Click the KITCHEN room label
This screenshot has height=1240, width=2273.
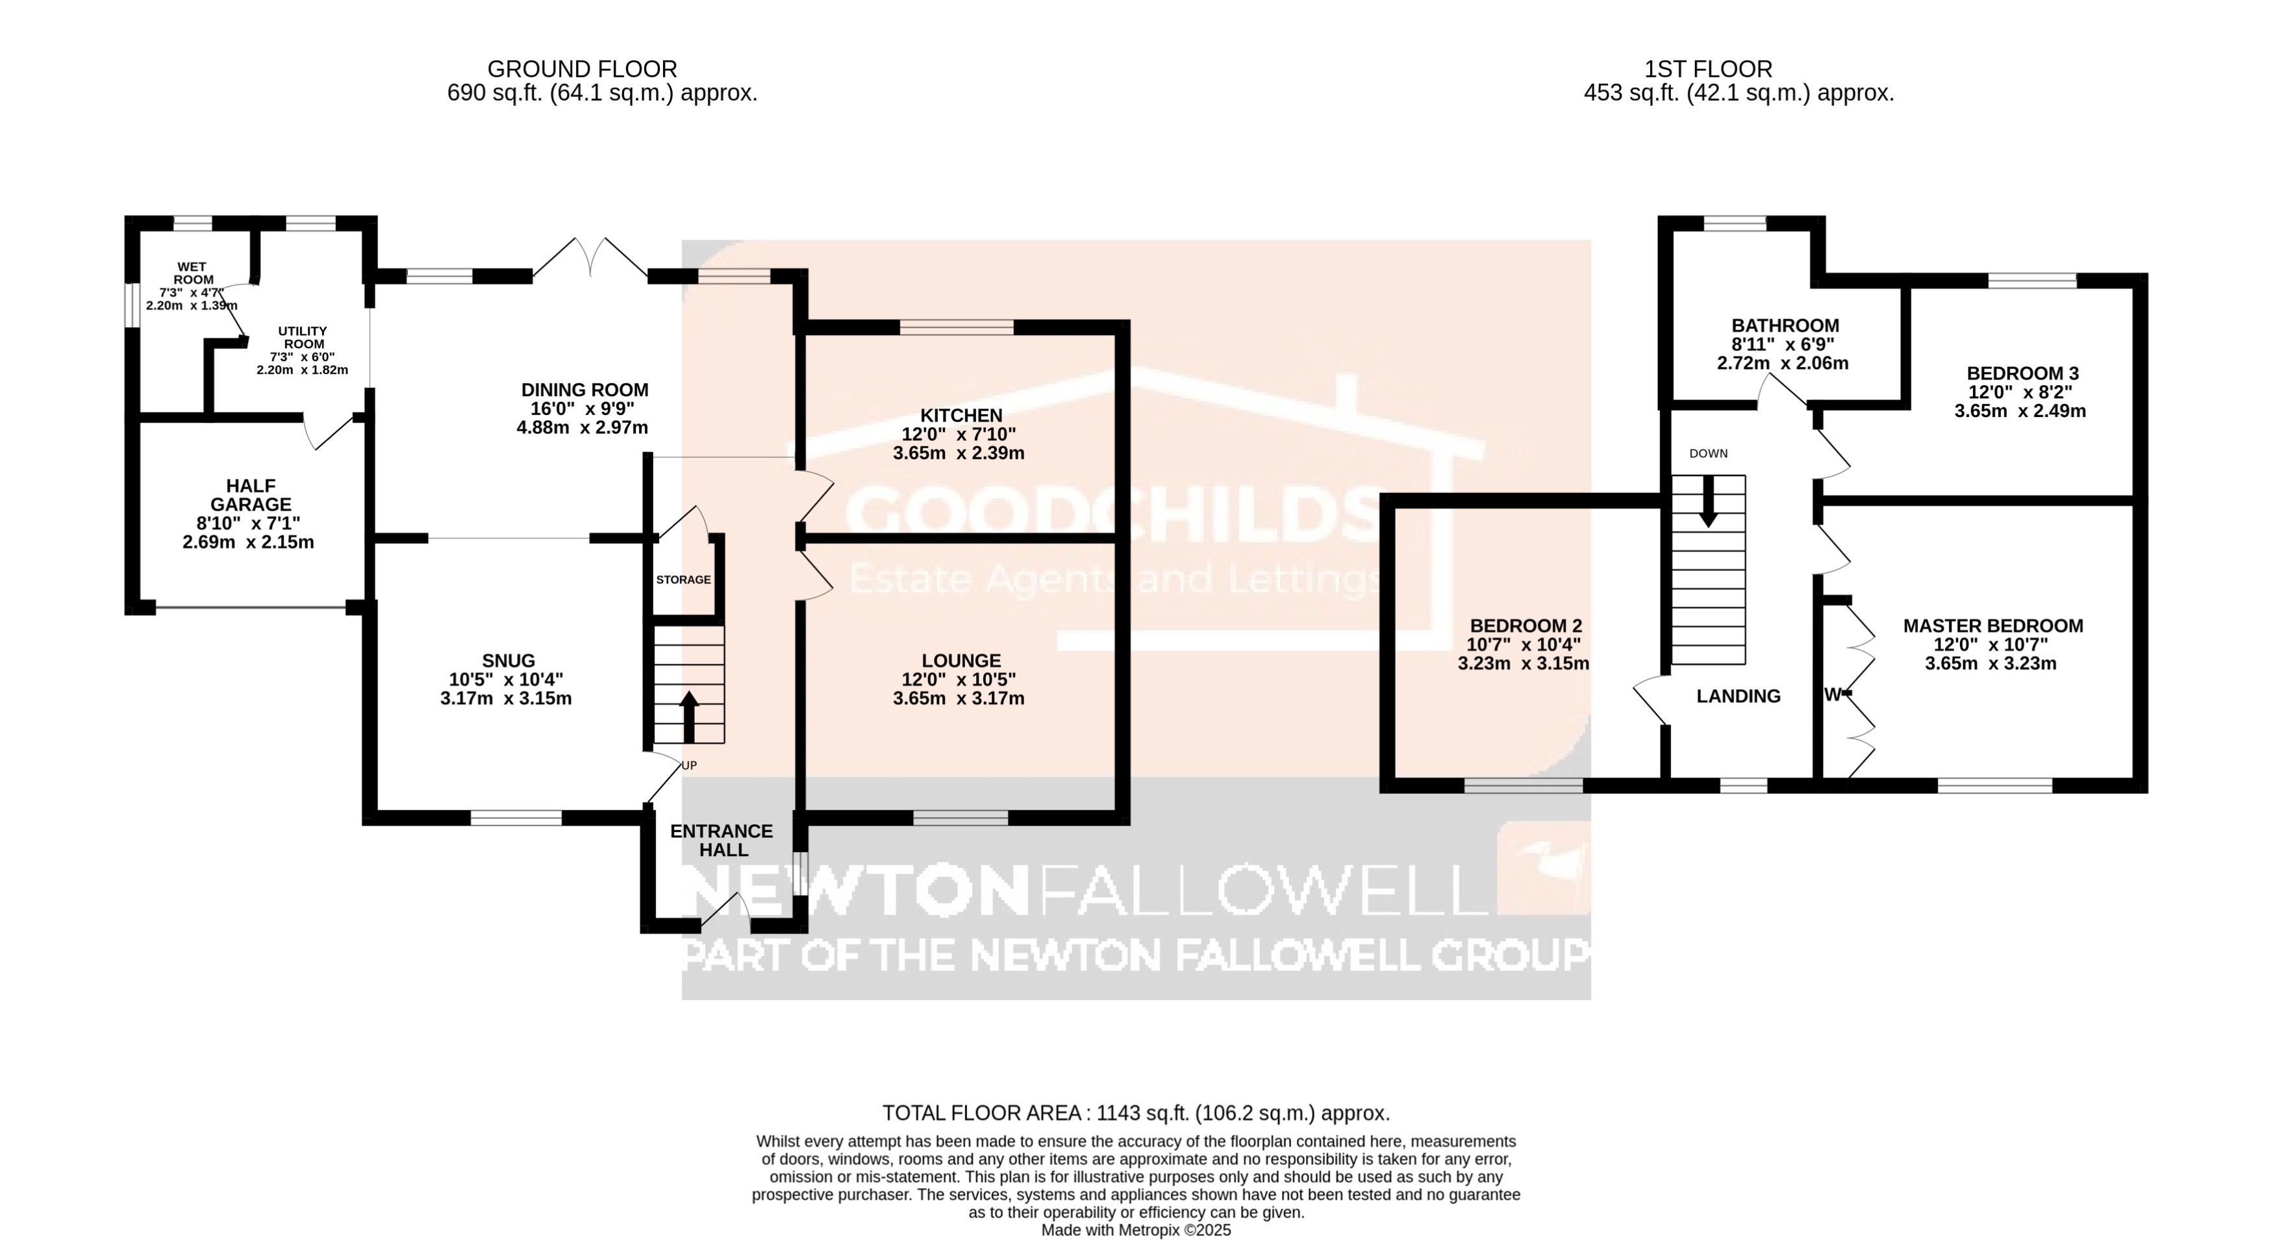(961, 416)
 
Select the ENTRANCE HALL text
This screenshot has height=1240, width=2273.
(722, 841)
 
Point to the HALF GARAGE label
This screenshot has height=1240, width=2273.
(251, 495)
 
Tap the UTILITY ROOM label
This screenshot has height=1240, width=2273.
(303, 337)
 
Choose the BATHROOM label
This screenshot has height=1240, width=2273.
(1785, 325)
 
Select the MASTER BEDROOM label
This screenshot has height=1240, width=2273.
(1992, 626)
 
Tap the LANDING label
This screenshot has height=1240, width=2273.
(1739, 696)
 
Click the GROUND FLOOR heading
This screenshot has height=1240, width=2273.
(583, 69)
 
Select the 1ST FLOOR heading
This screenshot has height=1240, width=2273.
(1708, 69)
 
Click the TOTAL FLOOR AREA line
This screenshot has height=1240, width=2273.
(1136, 1113)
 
